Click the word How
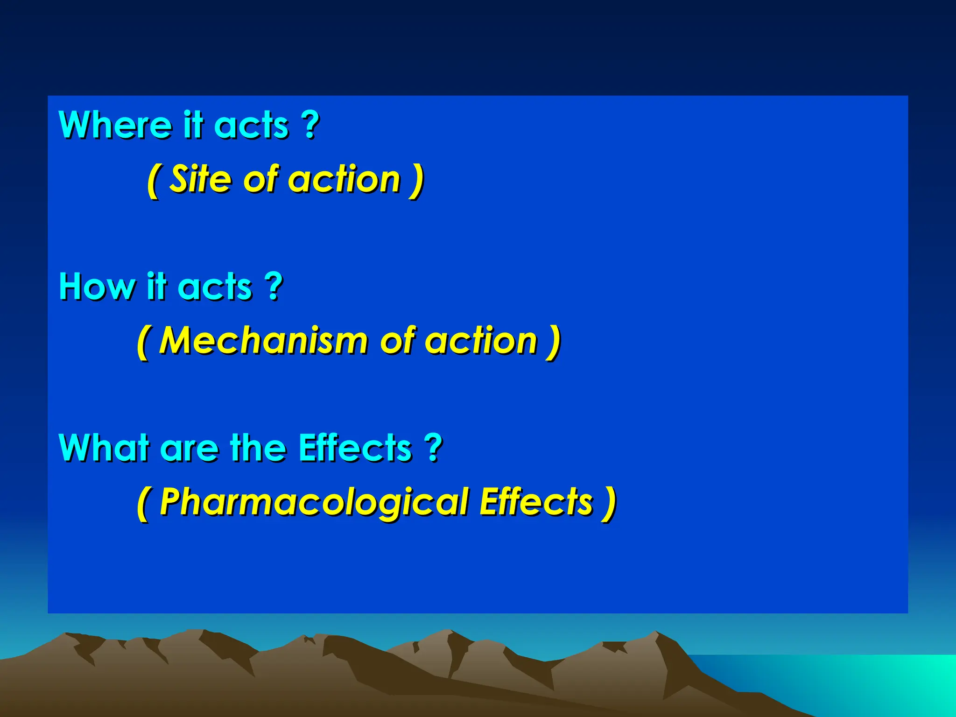point(96,286)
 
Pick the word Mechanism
point(263,340)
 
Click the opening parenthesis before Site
point(152,181)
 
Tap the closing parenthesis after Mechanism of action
point(554,342)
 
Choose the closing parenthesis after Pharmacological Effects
point(610,503)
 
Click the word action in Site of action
point(344,179)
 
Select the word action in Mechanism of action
point(481,340)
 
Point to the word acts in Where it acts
point(251,125)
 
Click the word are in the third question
point(189,448)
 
